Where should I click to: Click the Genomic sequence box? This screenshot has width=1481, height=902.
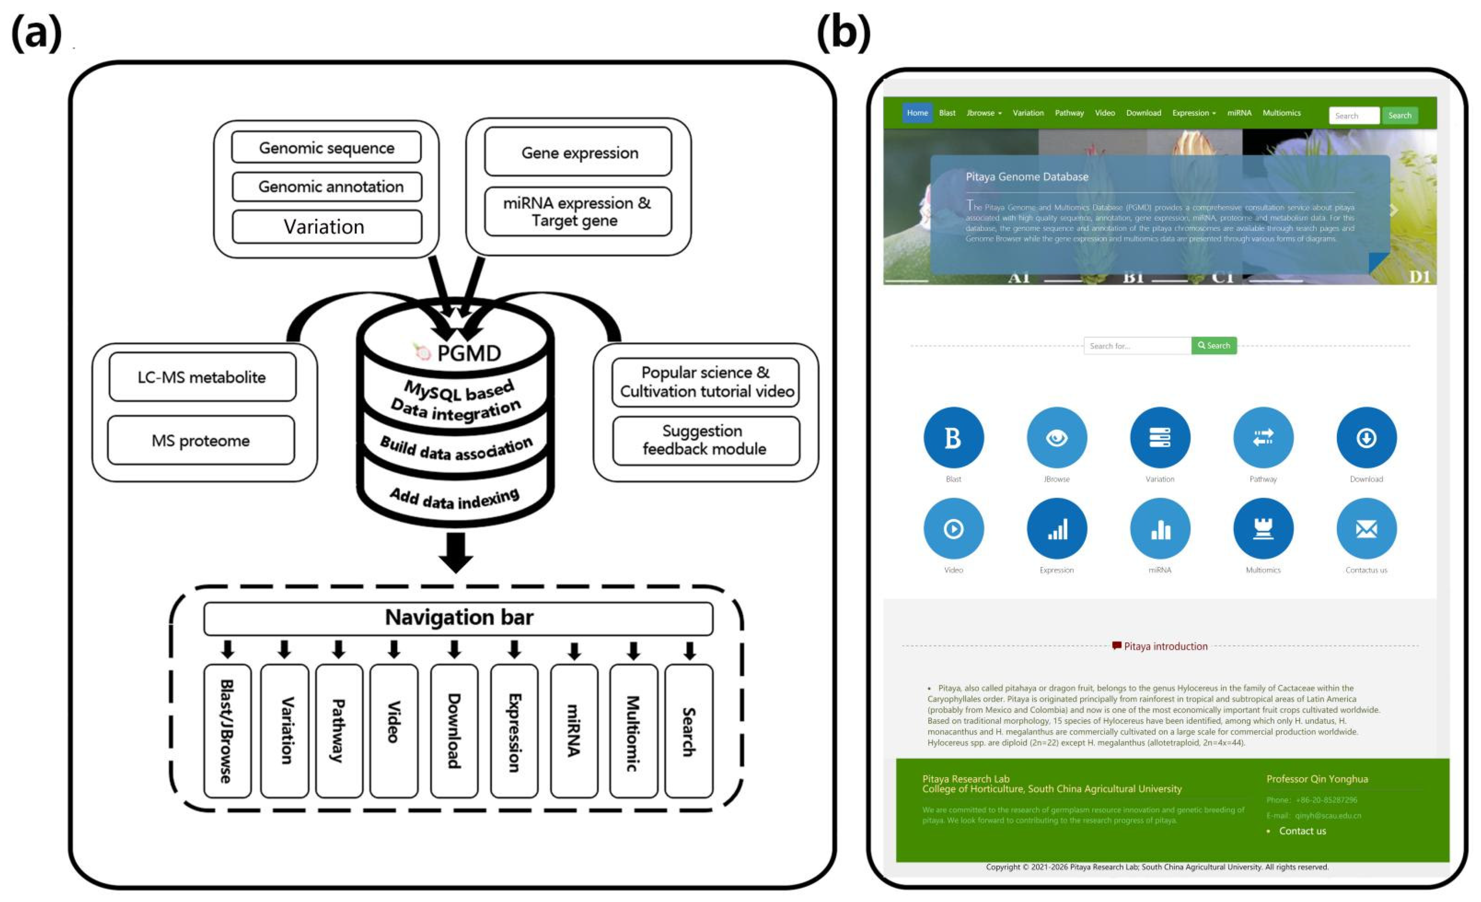pyautogui.click(x=326, y=147)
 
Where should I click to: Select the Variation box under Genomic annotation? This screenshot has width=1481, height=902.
pyautogui.click(x=326, y=227)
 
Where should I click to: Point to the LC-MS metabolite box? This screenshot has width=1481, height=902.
pyautogui.click(x=202, y=377)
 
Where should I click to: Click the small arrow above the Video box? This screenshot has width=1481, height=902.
pyautogui.click(x=394, y=649)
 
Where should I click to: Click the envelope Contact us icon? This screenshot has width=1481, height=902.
pyautogui.click(x=1366, y=529)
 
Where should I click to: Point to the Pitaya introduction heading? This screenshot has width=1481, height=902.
pyautogui.click(x=1165, y=646)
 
